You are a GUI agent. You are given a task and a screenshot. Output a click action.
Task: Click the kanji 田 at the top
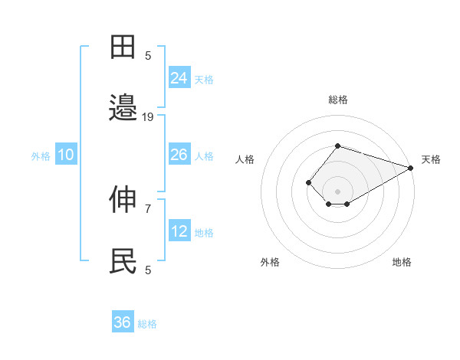coord(123,47)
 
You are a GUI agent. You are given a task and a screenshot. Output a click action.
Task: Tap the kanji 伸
coord(123,200)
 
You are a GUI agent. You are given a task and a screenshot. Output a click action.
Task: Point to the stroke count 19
coord(148,116)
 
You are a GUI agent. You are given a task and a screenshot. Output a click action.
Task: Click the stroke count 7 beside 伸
coord(148,208)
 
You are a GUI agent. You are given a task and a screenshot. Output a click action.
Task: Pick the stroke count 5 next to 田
coord(148,55)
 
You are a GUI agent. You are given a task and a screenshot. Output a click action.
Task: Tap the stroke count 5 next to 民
coord(148,270)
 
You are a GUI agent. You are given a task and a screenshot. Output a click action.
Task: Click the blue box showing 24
coord(179,77)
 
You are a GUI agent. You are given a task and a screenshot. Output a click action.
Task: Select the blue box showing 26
coord(179,155)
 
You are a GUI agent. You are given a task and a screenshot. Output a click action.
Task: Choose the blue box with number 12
coord(179,231)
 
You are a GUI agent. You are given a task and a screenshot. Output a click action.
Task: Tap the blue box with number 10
coord(66,155)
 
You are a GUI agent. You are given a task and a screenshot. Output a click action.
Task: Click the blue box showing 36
coord(123,322)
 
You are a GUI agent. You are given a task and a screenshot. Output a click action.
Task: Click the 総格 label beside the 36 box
coord(147,324)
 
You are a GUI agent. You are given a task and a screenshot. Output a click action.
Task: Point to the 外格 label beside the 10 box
coord(41,156)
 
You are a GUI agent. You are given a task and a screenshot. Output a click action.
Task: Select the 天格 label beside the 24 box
coord(204,79)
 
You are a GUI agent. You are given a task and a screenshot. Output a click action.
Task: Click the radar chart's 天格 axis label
coord(431,159)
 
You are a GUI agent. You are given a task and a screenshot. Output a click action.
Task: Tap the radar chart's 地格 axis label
coord(402,262)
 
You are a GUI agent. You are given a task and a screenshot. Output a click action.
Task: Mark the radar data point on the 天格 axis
coord(411,168)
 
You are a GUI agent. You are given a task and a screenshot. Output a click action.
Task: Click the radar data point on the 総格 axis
coord(337,146)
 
